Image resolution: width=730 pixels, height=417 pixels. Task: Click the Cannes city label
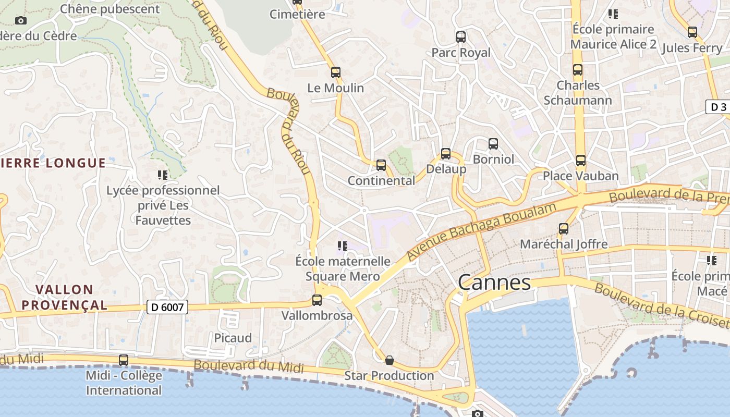[x=494, y=283]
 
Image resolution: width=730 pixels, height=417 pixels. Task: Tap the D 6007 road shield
[x=167, y=307]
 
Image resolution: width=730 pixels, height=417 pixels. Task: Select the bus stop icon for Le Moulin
[x=336, y=72]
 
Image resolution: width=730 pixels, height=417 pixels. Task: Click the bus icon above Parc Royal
[x=461, y=37]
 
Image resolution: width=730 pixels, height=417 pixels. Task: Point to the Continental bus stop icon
[x=381, y=165]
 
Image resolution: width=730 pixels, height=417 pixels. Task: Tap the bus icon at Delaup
[x=446, y=154]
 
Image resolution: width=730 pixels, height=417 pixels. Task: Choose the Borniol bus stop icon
[x=493, y=144]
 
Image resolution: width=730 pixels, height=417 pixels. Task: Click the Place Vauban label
[x=581, y=176]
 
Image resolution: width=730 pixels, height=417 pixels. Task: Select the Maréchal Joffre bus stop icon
[x=564, y=229]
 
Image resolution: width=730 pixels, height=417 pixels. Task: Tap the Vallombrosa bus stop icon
[x=317, y=300]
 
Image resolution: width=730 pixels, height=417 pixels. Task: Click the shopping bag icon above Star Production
[x=390, y=360]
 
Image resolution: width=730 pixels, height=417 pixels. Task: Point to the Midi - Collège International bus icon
[x=124, y=360]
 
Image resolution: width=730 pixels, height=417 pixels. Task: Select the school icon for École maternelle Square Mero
[x=343, y=246]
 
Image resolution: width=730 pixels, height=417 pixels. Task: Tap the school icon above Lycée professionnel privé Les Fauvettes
[x=163, y=175]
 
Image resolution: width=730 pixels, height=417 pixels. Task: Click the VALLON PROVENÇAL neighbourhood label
[x=71, y=297]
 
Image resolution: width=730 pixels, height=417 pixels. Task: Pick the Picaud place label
[x=233, y=338]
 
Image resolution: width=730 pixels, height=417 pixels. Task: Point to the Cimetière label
[x=297, y=14]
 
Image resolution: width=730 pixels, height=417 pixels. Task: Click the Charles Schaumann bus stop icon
[x=578, y=70]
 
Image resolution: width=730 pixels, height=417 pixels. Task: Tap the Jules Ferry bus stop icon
[x=692, y=32]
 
